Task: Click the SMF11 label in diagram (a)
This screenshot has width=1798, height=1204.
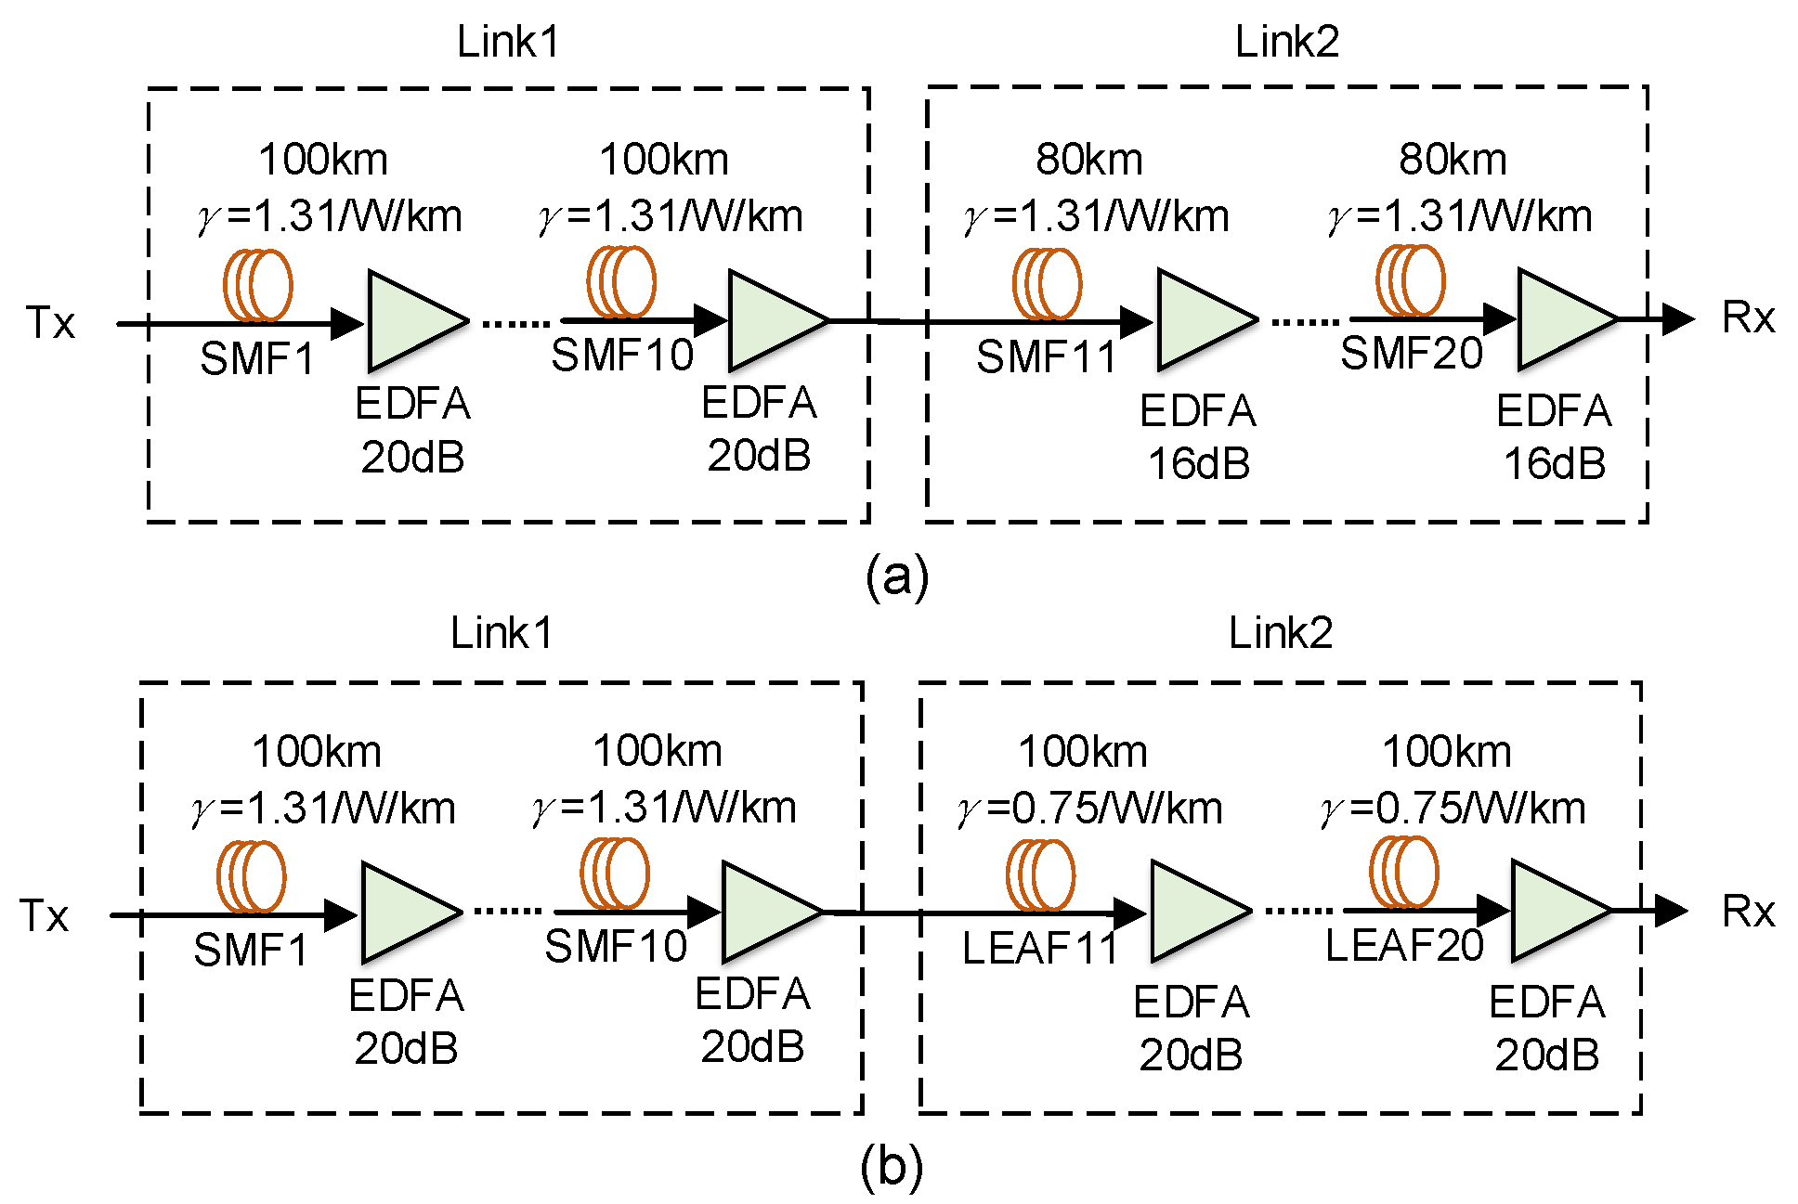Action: (x=1046, y=357)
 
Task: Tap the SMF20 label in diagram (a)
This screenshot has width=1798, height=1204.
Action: (x=1411, y=354)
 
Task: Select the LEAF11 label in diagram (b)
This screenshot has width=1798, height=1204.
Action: (x=1039, y=949)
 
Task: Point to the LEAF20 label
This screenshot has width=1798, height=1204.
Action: (x=1403, y=946)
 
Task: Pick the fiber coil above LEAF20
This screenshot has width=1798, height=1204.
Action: (x=1403, y=872)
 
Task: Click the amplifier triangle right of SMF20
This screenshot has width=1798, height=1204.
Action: (x=1561, y=319)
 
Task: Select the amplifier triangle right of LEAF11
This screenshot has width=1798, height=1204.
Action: (x=1193, y=912)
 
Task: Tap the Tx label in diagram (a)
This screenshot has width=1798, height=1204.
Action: (x=50, y=323)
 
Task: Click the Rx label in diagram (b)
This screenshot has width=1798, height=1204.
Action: (x=1747, y=912)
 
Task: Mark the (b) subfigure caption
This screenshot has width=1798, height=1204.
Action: (x=892, y=1167)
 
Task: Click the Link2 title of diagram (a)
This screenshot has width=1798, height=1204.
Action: (x=1286, y=43)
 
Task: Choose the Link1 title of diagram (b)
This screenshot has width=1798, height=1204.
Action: (x=502, y=634)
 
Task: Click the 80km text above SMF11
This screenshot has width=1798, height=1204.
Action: (x=1088, y=160)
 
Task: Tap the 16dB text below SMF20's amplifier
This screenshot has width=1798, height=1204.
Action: (x=1554, y=463)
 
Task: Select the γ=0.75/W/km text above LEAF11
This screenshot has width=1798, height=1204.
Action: (x=1089, y=809)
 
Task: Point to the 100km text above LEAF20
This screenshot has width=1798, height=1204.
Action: (x=1446, y=751)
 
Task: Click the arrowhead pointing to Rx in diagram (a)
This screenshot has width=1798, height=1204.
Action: (x=1677, y=319)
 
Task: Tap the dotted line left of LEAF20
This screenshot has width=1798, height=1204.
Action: (x=1300, y=912)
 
